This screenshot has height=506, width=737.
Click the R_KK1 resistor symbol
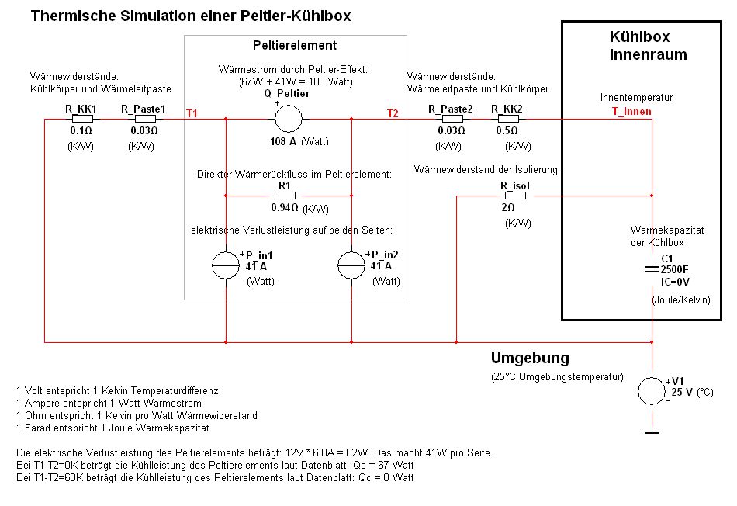click(81, 119)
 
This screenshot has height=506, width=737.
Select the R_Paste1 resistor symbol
click(144, 119)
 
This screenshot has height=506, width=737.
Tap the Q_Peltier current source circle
click(289, 119)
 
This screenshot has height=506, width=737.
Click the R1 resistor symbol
click(284, 196)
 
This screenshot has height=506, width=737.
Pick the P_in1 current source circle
click(226, 265)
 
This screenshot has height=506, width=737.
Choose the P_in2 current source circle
click(352, 265)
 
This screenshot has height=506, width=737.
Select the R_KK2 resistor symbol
click(507, 119)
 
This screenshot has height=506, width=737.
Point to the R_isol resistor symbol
click(513, 196)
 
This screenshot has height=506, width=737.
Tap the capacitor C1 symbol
click(652, 269)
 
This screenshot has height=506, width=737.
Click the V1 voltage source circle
click(652, 391)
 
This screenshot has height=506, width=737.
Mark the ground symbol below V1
click(652, 432)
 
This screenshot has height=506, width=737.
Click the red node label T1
click(192, 113)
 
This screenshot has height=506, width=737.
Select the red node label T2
click(393, 113)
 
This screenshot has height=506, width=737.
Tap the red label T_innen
click(631, 112)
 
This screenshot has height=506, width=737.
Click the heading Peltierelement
click(295, 46)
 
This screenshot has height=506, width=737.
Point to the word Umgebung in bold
click(530, 359)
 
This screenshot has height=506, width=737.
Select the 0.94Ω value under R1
click(284, 208)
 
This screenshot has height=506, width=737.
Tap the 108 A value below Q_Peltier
click(283, 142)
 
